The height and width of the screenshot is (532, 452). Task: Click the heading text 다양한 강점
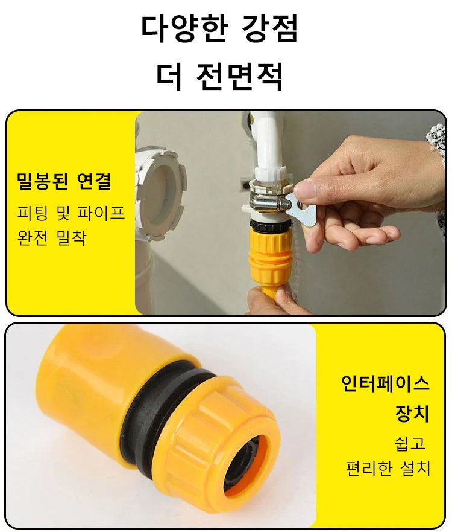pos(219,28)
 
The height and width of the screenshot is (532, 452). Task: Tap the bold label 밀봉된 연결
pos(64,181)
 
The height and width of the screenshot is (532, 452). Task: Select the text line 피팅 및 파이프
pos(71,213)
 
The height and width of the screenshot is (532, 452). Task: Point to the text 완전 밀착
pos(52,237)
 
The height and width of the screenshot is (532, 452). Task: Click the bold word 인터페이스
pos(385,383)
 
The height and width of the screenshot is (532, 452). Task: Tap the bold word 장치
pos(412,413)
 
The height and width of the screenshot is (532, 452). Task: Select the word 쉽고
pos(410,443)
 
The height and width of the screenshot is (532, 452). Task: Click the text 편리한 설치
pos(388,469)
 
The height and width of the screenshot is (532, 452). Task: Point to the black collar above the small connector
pos(270,224)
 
